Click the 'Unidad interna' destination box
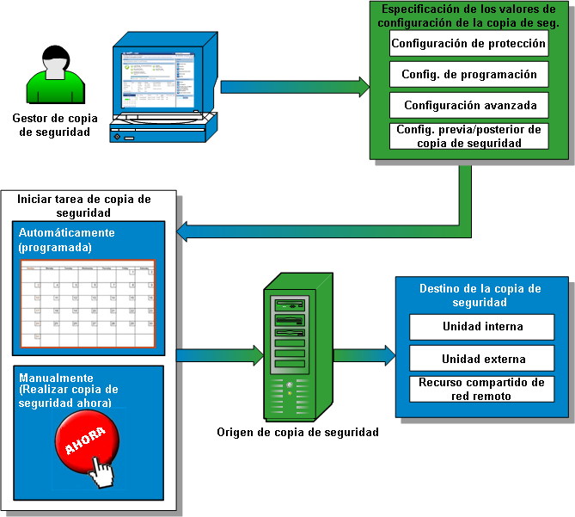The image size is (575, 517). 482,327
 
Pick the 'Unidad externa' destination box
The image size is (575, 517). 482,359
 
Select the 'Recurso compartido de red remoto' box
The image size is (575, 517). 482,389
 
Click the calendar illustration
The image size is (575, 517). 88,304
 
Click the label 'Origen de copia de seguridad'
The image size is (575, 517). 297,432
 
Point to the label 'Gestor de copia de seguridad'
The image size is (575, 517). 55,126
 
